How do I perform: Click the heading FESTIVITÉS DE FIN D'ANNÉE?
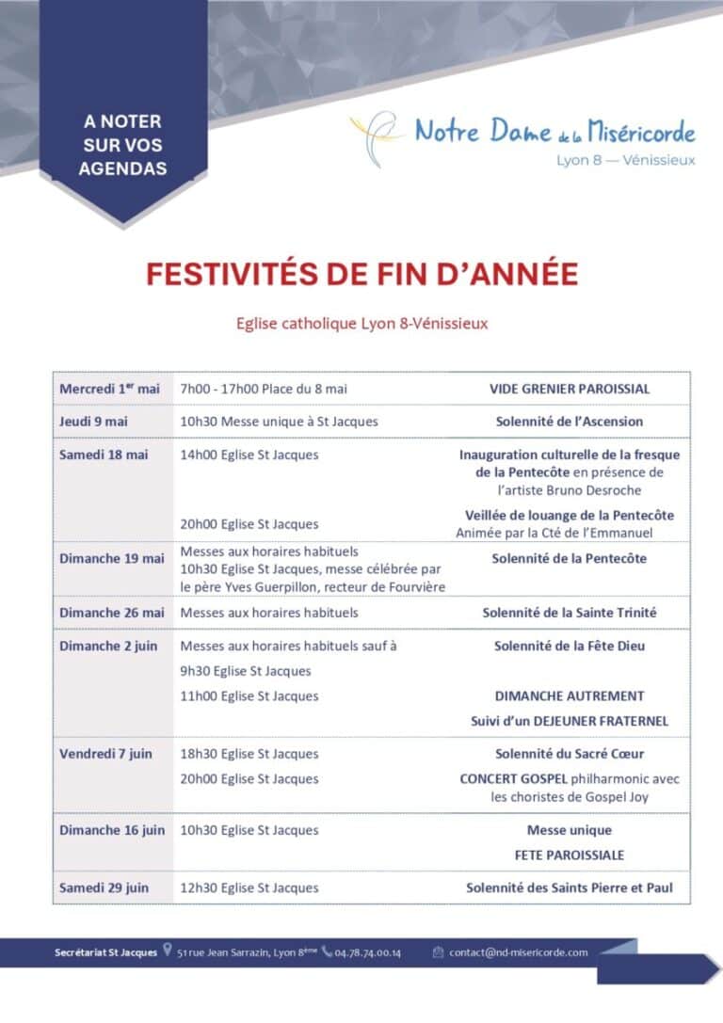pos(361,274)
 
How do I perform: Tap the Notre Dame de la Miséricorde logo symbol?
pos(374,137)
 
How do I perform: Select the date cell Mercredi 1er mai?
pos(109,389)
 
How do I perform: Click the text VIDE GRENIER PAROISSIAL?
pos(570,389)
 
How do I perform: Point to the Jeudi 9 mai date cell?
pos(93,422)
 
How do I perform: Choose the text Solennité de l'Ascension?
pos(570,422)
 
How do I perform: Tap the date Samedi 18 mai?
pos(104,455)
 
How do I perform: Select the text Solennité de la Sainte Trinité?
pos(570,613)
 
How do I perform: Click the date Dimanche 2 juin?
pos(108,646)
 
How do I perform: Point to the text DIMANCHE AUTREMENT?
pos(570,696)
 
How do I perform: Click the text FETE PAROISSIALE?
pos(570,855)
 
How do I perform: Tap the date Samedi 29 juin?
pos(104,887)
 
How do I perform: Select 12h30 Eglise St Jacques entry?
pos(249,887)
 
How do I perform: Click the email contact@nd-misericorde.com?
pos(518,952)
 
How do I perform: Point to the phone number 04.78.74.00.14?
pos(368,952)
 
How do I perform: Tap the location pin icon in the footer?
pos(168,951)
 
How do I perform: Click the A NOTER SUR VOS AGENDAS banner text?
pos(122,145)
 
